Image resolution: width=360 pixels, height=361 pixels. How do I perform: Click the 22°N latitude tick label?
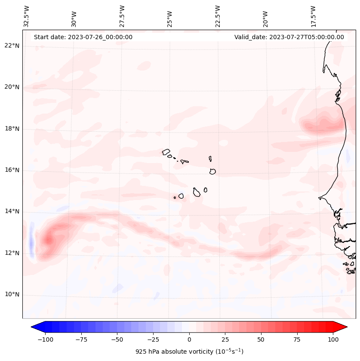tap(12, 46)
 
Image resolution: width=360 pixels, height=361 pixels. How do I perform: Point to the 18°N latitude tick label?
tap(12, 129)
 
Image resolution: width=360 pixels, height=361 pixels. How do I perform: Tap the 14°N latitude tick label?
tap(12, 212)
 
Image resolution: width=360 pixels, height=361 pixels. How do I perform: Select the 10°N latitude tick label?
tap(12, 295)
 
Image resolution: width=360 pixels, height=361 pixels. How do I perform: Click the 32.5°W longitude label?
tap(27, 16)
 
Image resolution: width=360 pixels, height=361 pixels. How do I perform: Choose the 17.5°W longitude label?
tap(313, 16)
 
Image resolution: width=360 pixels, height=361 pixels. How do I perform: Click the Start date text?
tap(83, 37)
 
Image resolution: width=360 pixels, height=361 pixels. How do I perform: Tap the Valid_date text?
tap(289, 37)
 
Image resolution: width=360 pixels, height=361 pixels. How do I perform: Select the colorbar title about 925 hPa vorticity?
tap(189, 352)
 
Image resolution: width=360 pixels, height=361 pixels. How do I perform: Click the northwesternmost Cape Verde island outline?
tap(166, 152)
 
